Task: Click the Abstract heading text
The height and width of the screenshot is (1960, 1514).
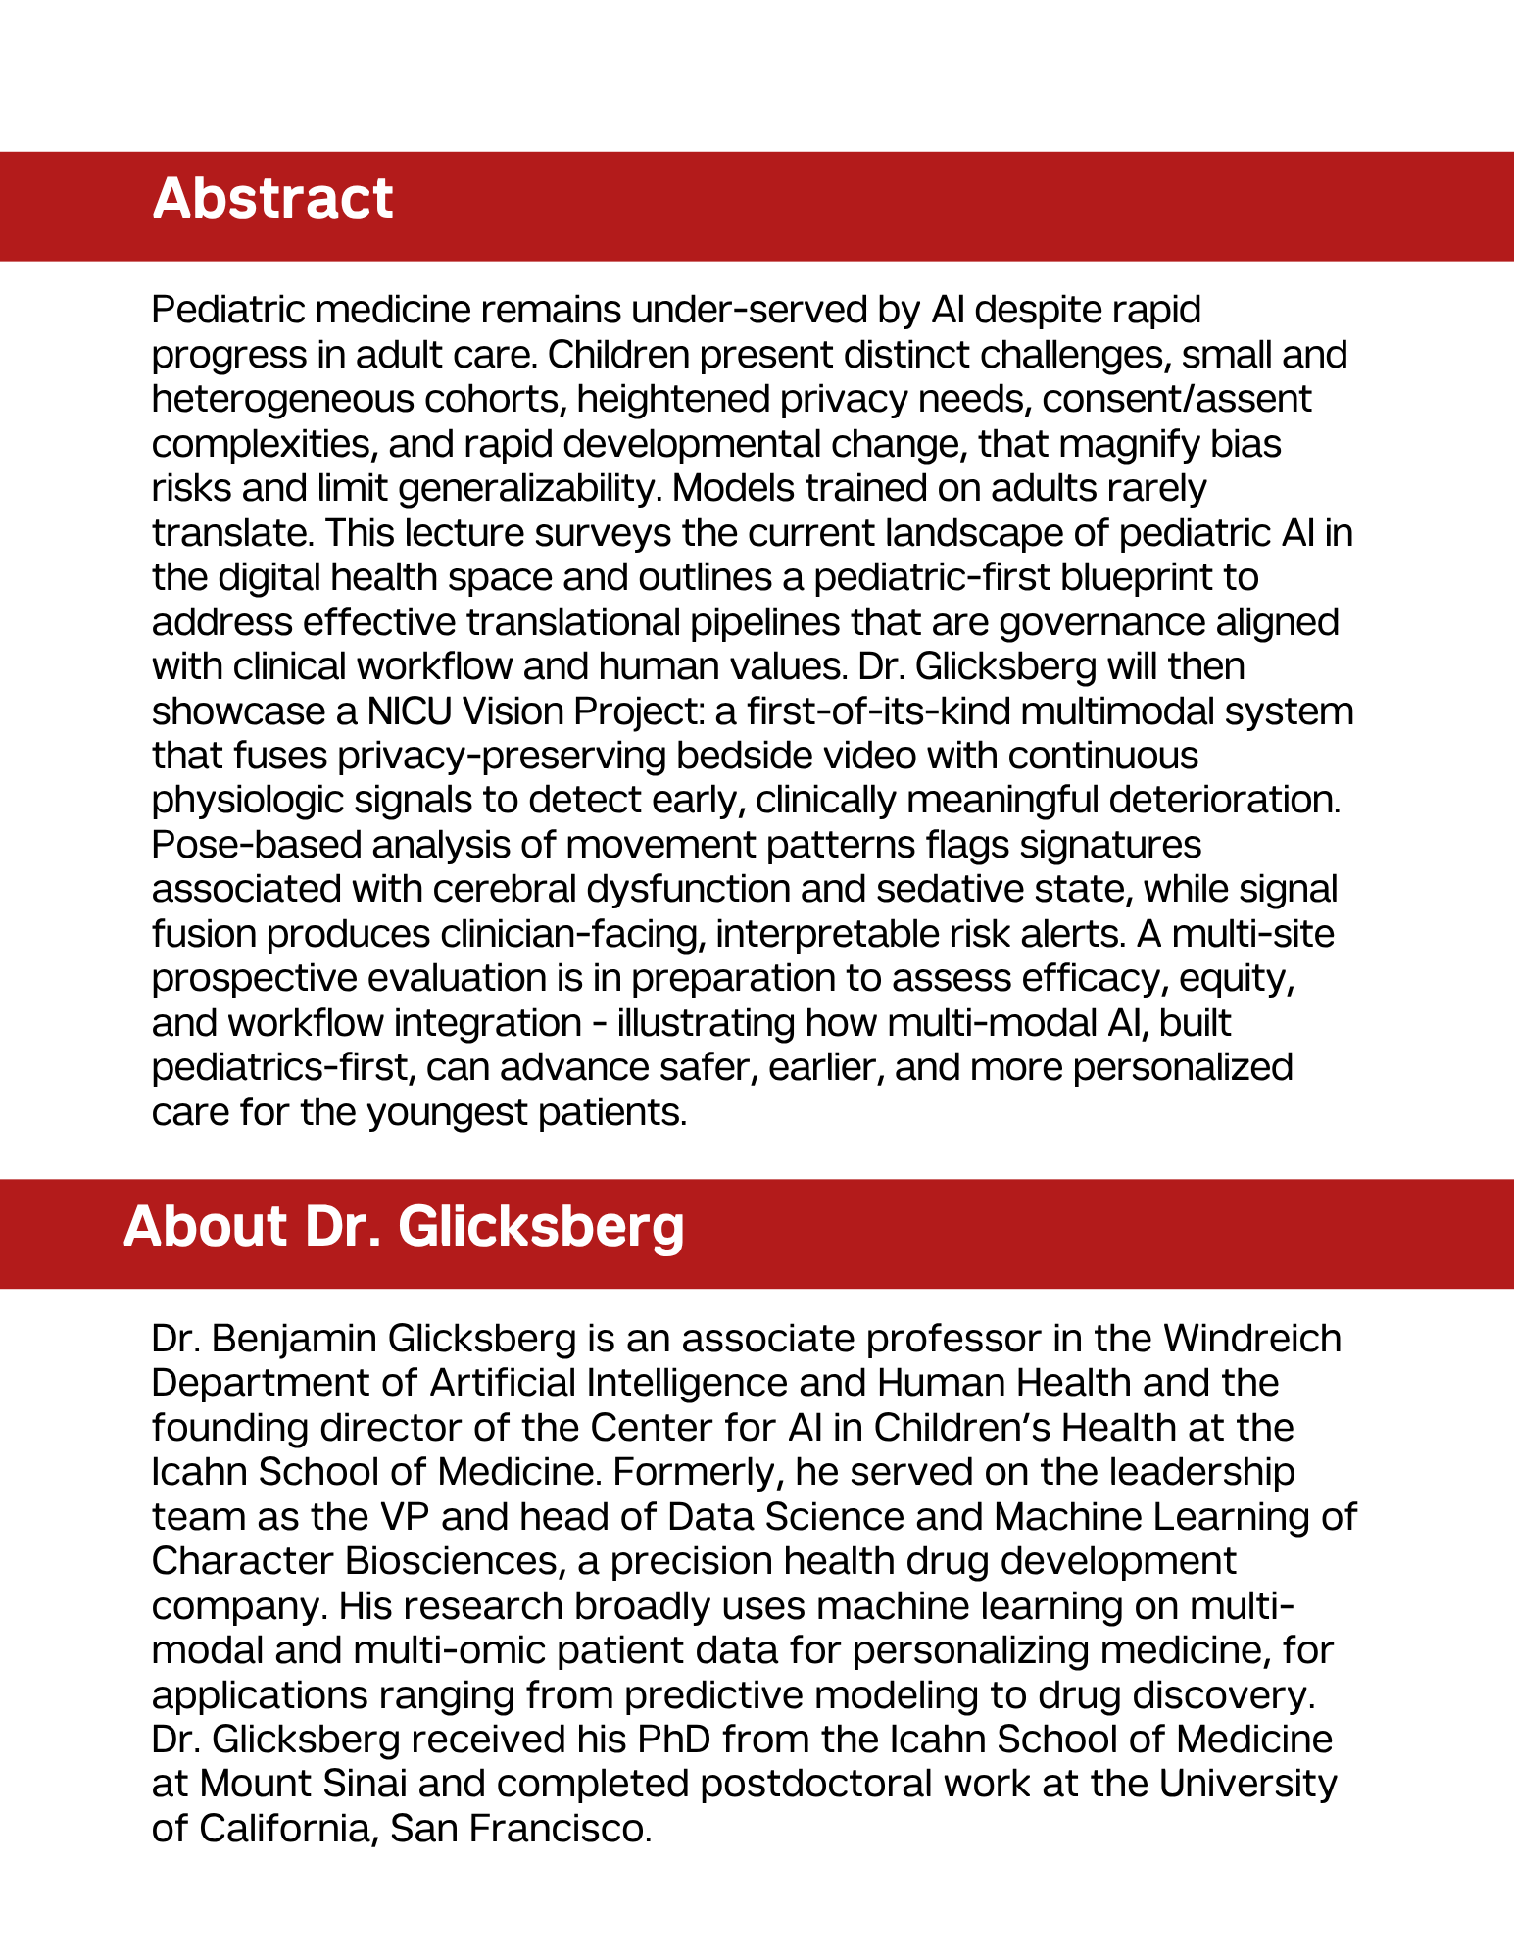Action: click(x=272, y=199)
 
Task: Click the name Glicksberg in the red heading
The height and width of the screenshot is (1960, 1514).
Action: click(x=541, y=1227)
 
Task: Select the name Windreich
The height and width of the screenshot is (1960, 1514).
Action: click(x=1251, y=1339)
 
